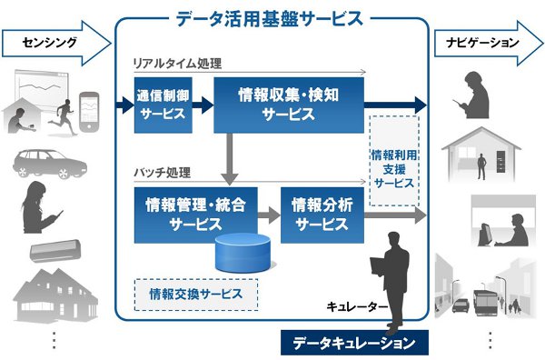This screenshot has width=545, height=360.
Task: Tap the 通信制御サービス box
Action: [x=164, y=105]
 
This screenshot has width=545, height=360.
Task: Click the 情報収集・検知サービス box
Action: [x=289, y=105]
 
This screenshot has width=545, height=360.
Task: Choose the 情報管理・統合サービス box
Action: [x=194, y=214]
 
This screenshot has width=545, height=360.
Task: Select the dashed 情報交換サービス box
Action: [x=195, y=294]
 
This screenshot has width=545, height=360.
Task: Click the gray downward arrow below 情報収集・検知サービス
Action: [x=235, y=152]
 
